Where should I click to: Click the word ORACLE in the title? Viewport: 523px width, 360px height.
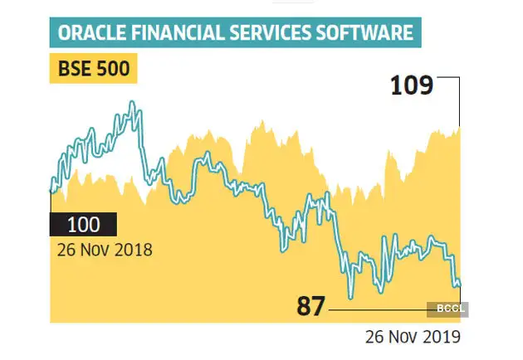(x=90, y=35)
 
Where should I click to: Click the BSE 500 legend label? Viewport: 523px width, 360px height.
(x=93, y=69)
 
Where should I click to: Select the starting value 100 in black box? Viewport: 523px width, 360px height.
(x=83, y=225)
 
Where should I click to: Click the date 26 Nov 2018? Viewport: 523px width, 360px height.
(x=105, y=249)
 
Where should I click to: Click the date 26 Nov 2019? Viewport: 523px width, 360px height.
(x=413, y=336)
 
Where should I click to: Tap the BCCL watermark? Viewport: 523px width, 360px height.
(x=449, y=309)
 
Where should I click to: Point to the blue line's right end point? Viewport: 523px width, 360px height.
(x=459, y=285)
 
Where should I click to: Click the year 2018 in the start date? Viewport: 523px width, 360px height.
(x=135, y=249)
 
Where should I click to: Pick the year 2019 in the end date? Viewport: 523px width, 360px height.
(x=442, y=336)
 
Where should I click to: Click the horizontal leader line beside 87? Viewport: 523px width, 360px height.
(x=382, y=309)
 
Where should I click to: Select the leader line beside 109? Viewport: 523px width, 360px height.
(x=448, y=77)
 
